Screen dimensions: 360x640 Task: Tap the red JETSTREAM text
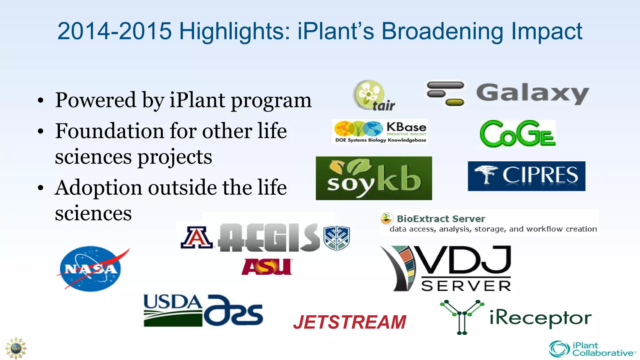click(x=350, y=322)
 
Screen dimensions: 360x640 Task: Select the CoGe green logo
click(x=518, y=134)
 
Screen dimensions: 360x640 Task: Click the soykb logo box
click(x=374, y=178)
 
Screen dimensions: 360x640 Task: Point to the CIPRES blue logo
click(x=526, y=176)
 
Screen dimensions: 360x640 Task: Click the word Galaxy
click(x=532, y=93)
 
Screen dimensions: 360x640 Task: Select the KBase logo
click(x=380, y=132)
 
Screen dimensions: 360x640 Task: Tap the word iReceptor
click(x=540, y=318)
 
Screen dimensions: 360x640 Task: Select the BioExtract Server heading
click(x=441, y=219)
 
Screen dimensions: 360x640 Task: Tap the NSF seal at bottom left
click(x=16, y=348)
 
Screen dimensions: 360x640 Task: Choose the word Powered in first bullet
click(x=96, y=100)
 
